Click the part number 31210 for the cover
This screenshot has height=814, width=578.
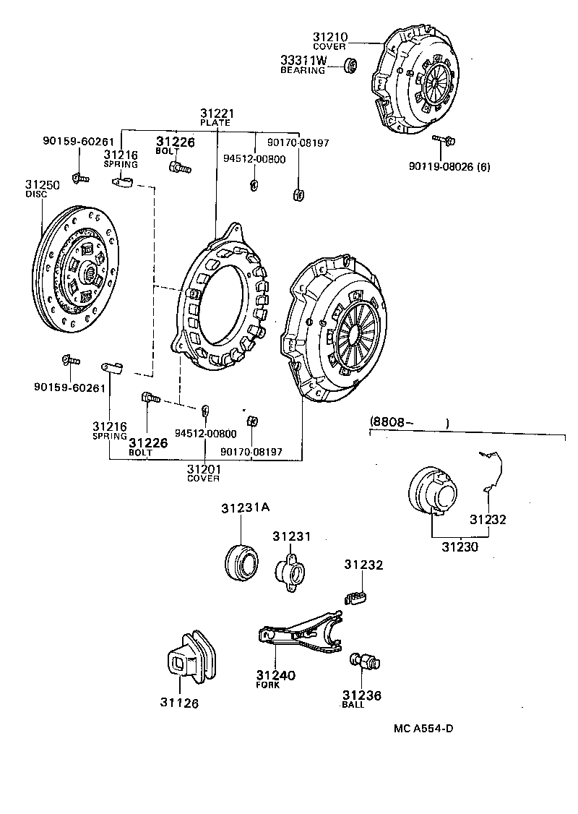point(330,36)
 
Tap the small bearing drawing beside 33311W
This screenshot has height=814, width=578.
point(350,67)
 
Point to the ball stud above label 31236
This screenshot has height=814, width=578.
point(366,660)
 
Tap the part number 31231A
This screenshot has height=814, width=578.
point(245,507)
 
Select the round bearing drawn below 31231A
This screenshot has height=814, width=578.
point(241,562)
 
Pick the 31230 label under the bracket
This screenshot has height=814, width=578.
point(460,547)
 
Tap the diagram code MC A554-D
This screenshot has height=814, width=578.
point(423,728)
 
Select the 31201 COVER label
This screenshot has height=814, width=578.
point(204,473)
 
